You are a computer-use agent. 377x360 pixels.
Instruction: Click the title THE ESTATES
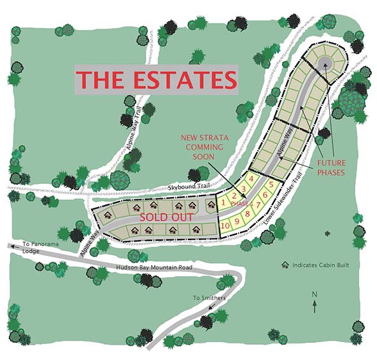coord(157,80)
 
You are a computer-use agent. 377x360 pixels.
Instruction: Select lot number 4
coord(252,179)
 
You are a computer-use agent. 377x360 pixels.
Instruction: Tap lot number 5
coord(271,185)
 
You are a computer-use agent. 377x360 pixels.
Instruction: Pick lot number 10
coord(225,225)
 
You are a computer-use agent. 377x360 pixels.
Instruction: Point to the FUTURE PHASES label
coord(331,168)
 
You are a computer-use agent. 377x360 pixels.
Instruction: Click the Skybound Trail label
coord(190,187)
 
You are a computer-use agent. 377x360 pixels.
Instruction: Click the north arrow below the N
coord(315,306)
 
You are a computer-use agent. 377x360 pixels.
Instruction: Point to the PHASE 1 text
coord(241,204)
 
